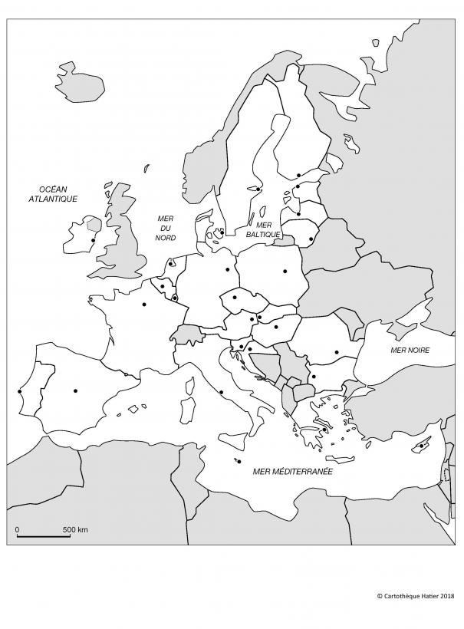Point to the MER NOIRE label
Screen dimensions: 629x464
click(x=410, y=351)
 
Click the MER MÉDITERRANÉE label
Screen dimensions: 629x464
click(x=292, y=472)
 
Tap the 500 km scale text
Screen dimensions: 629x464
click(x=75, y=529)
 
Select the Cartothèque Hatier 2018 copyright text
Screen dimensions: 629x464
click(x=415, y=594)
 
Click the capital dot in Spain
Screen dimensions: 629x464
click(x=75, y=390)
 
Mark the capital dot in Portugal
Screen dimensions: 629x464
click(x=20, y=392)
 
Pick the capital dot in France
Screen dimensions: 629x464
click(x=144, y=305)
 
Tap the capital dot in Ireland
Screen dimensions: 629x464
click(x=93, y=241)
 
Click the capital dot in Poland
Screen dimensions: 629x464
click(x=285, y=270)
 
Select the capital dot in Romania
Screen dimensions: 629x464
click(x=336, y=353)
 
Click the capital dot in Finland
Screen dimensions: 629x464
click(x=298, y=175)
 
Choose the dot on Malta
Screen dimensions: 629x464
click(x=239, y=461)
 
